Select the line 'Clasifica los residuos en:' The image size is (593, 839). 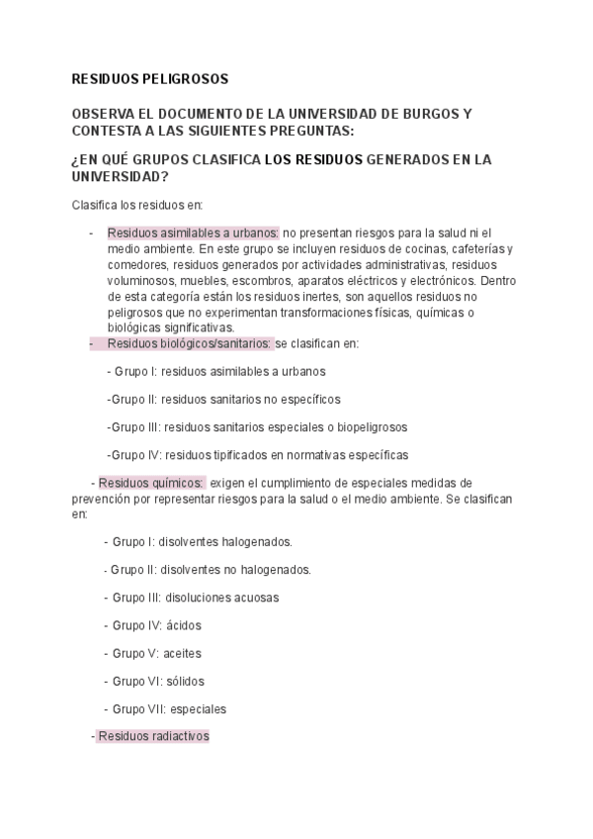point(136,205)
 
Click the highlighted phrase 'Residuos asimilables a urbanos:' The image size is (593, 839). point(193,233)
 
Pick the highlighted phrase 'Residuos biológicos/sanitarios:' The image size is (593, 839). point(188,343)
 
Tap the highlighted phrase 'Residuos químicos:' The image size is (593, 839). point(151,483)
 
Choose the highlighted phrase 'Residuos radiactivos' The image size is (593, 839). point(153,736)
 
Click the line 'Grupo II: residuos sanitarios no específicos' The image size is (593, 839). point(223,399)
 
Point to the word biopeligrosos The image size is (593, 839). point(369,427)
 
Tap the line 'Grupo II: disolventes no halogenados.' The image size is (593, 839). point(211,569)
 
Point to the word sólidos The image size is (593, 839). point(186,681)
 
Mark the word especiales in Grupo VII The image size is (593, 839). point(198,708)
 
